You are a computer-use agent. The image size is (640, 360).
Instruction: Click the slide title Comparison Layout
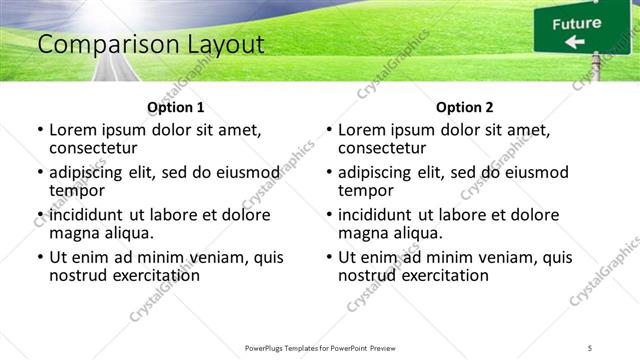click(150, 45)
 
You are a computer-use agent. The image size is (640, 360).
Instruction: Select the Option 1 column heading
click(175, 107)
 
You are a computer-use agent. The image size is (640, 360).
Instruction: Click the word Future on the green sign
click(577, 23)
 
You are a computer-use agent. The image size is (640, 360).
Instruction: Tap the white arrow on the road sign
click(574, 42)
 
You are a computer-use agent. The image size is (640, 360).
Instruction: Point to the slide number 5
click(590, 347)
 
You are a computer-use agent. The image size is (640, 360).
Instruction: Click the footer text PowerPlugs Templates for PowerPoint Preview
click(320, 347)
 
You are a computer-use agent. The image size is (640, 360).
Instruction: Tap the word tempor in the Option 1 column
click(77, 191)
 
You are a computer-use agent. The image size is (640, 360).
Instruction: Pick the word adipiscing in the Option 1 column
click(91, 172)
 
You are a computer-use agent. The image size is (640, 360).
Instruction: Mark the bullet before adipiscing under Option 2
click(329, 173)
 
